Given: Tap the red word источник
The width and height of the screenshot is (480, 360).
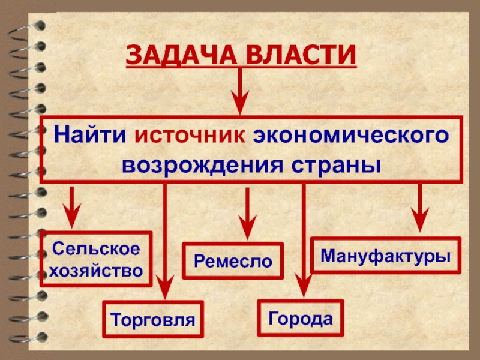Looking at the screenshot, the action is point(189,135).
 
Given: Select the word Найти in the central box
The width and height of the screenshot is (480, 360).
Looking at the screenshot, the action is point(91,135).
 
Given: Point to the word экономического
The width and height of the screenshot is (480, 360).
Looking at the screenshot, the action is point(350,135).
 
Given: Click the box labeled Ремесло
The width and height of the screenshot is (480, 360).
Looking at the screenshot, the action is point(233,261).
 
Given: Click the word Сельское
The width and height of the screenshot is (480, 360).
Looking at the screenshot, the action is point(96,248).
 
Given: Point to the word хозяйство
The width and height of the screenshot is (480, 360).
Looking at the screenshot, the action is point(96,271).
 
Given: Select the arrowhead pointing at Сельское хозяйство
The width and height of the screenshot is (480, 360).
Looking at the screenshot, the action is point(73,220).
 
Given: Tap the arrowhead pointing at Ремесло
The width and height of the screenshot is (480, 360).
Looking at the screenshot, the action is point(245,229).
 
